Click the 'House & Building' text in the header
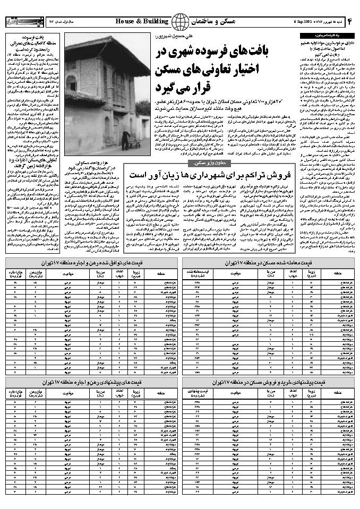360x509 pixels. [x=141, y=21]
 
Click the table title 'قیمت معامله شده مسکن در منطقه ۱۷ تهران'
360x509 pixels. [x=270, y=263]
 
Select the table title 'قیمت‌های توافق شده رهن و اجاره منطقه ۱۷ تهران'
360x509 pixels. [x=90, y=263]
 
